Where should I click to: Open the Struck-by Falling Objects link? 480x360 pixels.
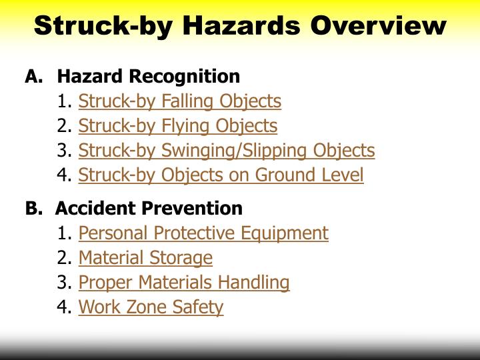point(179,101)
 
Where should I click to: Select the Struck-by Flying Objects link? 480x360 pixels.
point(177,126)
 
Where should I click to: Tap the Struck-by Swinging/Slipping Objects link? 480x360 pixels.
point(227,151)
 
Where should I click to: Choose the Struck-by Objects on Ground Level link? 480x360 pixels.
point(221,175)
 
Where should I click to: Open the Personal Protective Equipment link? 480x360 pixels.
point(203,233)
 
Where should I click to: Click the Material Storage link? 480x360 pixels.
point(145,258)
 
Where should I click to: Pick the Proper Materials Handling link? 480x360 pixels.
point(184,283)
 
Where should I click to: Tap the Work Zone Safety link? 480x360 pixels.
point(151,307)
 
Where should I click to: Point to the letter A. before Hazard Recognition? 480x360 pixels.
point(33,77)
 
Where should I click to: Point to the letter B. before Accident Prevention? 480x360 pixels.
point(33,208)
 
